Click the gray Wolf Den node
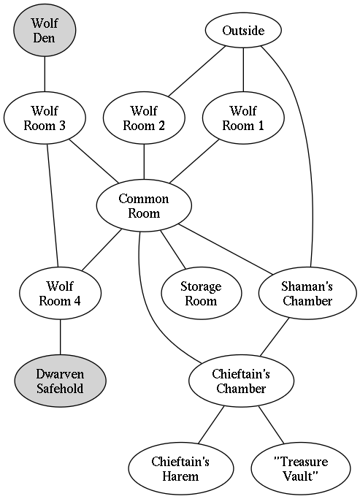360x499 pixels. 45,30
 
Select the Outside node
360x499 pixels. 243,31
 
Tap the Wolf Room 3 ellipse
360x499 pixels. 45,118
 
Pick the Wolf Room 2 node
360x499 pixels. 144,118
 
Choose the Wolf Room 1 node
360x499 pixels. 243,118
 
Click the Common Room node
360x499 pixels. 144,205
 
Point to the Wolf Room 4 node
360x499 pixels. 60,293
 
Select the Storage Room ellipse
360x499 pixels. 202,293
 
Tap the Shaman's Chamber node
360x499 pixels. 307,293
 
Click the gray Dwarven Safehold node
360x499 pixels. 60,381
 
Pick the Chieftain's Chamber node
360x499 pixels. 241,381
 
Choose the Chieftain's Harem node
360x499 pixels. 180,468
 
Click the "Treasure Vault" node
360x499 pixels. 301,468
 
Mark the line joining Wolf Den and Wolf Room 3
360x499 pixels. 45,74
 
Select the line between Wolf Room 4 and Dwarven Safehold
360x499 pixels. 60,337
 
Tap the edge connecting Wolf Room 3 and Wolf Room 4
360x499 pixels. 53,205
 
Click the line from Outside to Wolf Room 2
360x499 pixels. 197,71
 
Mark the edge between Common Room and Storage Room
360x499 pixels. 172,250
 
